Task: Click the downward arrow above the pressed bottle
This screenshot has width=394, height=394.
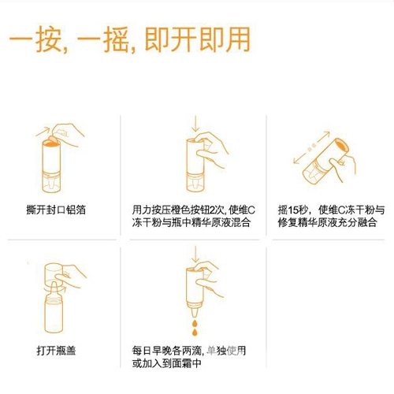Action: [x=194, y=123]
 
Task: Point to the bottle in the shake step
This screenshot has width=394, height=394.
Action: [x=323, y=158]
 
